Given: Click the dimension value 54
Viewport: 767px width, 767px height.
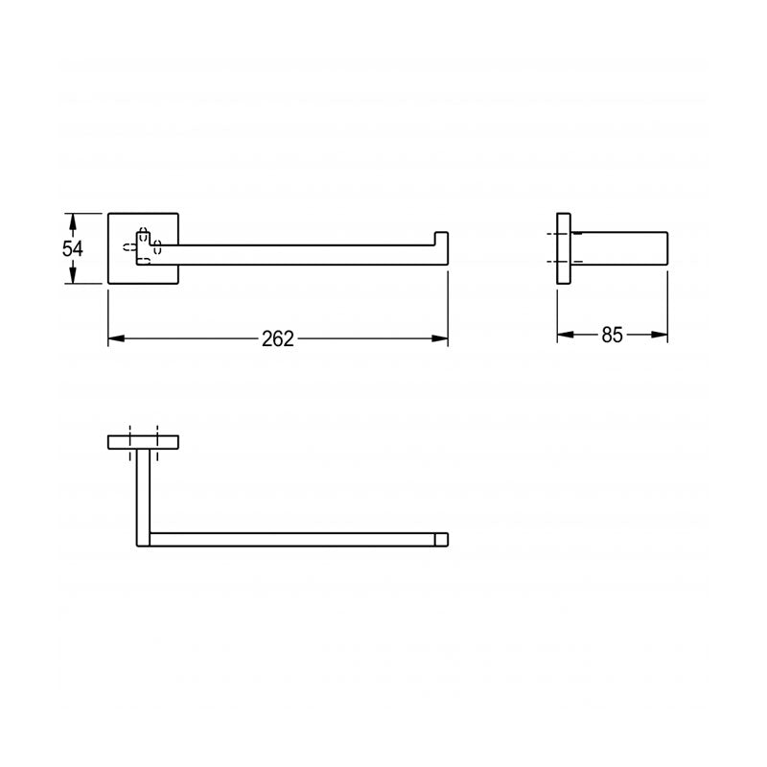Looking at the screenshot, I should pos(73,247).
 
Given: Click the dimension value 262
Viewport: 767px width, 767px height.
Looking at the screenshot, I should pos(277,338).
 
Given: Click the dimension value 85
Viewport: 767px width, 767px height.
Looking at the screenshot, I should pos(612,335).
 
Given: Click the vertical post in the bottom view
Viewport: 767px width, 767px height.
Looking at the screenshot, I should pos(142,489).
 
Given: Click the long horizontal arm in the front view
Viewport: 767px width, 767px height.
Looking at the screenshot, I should pos(297,251).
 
